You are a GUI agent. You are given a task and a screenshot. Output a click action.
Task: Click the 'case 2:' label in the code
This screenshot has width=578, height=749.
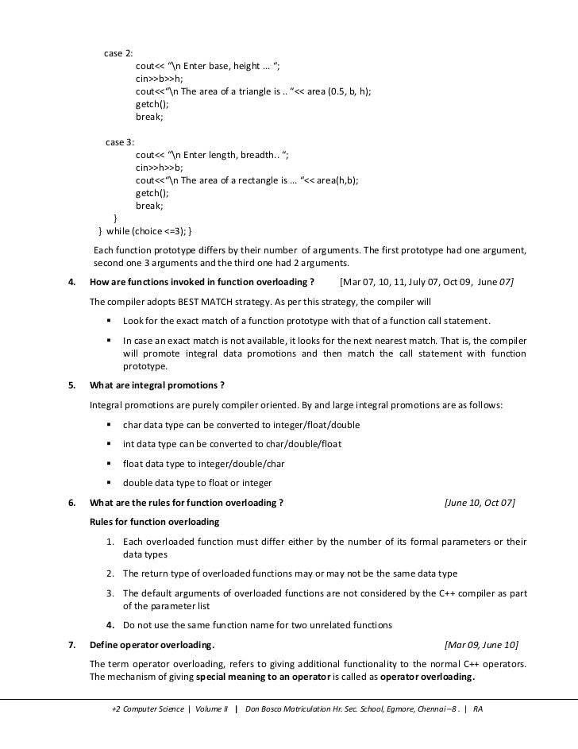pyautogui.click(x=119, y=53)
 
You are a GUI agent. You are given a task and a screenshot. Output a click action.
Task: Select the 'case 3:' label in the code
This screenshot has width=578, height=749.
pyautogui.click(x=120, y=142)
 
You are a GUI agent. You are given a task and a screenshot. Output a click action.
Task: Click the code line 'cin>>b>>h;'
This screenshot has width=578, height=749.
pyautogui.click(x=160, y=79)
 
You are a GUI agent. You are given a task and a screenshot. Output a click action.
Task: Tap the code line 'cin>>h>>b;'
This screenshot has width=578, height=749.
pyautogui.click(x=160, y=168)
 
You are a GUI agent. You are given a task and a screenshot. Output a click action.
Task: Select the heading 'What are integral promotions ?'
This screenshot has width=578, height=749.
pyautogui.click(x=157, y=385)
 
